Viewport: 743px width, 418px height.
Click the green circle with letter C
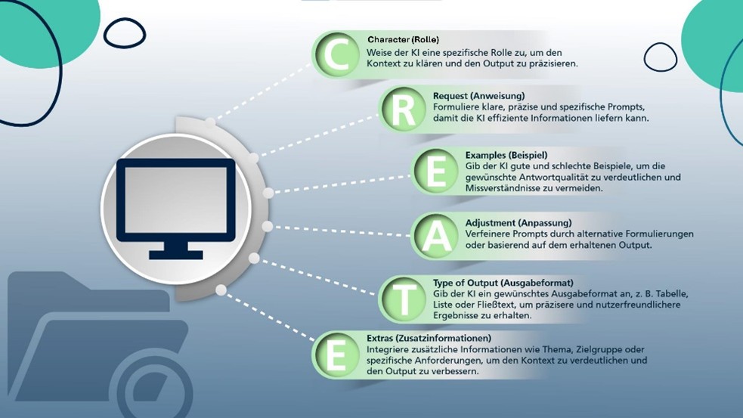click(336, 55)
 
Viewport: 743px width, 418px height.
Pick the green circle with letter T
click(403, 298)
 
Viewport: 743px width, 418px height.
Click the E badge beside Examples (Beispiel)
click(435, 172)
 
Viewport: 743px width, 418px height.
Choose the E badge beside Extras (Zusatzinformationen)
click(336, 354)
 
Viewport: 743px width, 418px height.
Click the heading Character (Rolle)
click(403, 39)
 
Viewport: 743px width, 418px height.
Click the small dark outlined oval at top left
click(124, 32)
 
